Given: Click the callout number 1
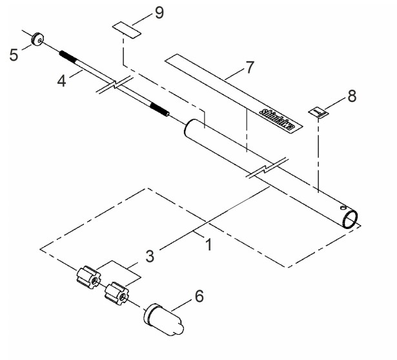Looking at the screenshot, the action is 208,245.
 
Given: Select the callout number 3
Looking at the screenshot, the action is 150,256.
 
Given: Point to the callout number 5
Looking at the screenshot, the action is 14,55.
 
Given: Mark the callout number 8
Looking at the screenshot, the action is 351,96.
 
